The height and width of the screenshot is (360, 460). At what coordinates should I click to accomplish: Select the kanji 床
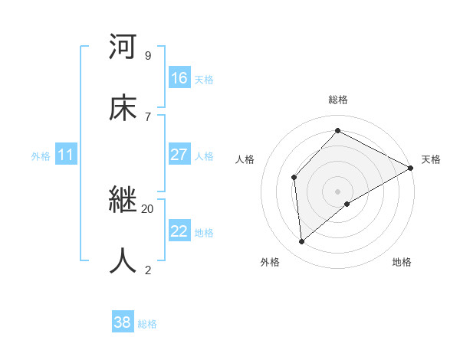(x=123, y=108)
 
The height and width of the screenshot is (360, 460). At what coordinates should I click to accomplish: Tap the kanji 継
(x=123, y=201)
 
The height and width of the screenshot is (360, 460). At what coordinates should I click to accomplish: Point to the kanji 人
(x=123, y=260)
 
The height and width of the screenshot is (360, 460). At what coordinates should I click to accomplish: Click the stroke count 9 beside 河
(x=147, y=56)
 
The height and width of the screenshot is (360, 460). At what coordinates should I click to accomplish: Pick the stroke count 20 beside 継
(x=147, y=208)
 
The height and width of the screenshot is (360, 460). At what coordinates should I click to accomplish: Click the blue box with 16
(x=179, y=77)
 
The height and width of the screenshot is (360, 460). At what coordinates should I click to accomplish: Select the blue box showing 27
(x=179, y=155)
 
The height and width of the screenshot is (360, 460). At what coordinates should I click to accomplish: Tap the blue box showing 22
(x=179, y=231)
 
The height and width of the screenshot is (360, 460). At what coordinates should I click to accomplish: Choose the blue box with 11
(x=66, y=155)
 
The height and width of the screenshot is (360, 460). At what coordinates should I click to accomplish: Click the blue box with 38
(x=123, y=322)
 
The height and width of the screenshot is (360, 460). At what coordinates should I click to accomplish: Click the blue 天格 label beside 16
(x=204, y=80)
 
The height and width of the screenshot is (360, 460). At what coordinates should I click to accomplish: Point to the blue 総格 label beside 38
(x=147, y=325)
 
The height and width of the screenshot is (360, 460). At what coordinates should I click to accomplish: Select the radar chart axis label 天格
(x=431, y=159)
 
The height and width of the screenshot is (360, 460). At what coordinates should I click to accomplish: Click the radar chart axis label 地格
(x=402, y=262)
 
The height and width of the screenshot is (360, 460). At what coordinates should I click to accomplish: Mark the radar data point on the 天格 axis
(x=411, y=168)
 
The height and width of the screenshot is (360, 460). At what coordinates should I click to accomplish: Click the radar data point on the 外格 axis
(x=302, y=242)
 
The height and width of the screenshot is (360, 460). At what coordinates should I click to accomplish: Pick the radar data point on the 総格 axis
(x=337, y=130)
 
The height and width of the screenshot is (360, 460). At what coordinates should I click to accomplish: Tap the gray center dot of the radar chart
(x=337, y=191)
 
